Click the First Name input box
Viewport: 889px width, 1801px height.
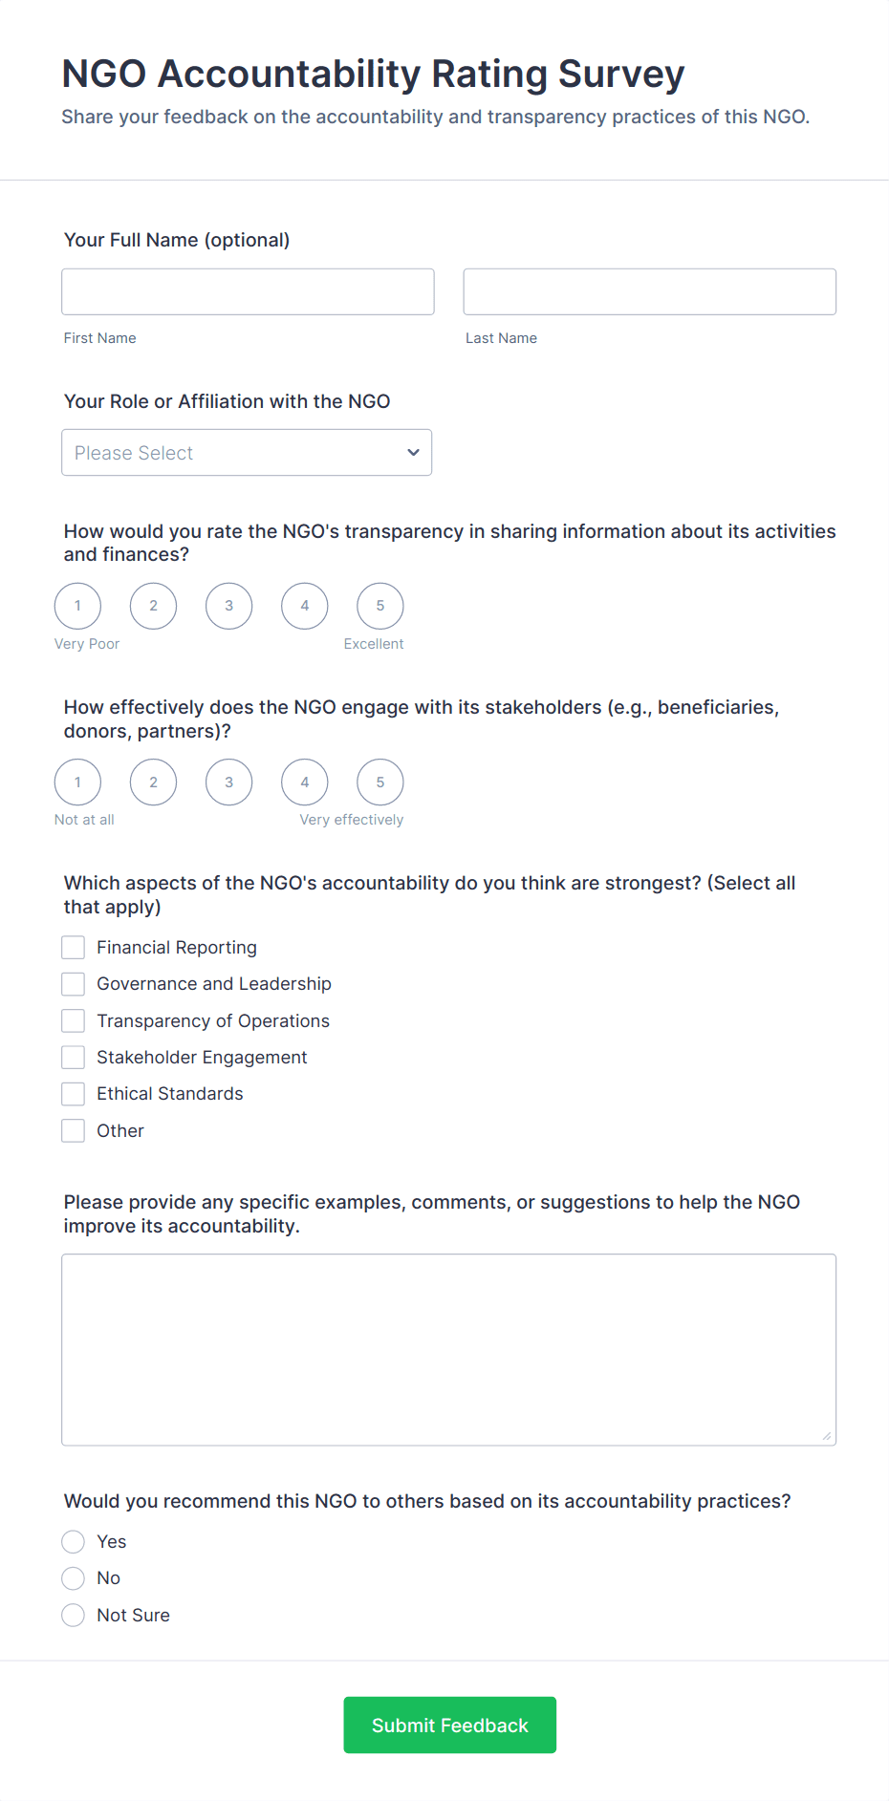pos(248,291)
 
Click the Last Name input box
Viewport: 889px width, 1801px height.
pos(649,291)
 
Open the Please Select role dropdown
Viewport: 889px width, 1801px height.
pos(247,453)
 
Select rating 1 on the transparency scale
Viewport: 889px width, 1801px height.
pos(77,606)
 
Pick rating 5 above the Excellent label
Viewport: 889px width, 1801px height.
pos(380,606)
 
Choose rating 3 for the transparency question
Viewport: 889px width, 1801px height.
pos(229,606)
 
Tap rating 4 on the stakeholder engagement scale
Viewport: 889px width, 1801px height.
pos(305,783)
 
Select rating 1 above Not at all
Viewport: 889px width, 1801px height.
pos(77,783)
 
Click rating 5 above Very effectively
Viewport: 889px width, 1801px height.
pos(380,783)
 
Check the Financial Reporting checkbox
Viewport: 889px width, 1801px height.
pos(74,948)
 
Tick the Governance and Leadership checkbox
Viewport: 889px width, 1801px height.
pos(74,984)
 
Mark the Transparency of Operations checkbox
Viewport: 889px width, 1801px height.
pos(74,1021)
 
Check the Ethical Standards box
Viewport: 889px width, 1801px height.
pos(74,1094)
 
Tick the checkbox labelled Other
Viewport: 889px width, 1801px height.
pos(74,1131)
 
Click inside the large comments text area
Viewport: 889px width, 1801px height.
pos(448,1349)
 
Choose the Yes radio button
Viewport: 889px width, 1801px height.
pos(74,1542)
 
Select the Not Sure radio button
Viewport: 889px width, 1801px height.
pos(74,1616)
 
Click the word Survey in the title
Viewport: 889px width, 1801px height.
pos(621,75)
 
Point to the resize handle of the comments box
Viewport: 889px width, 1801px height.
pos(827,1436)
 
